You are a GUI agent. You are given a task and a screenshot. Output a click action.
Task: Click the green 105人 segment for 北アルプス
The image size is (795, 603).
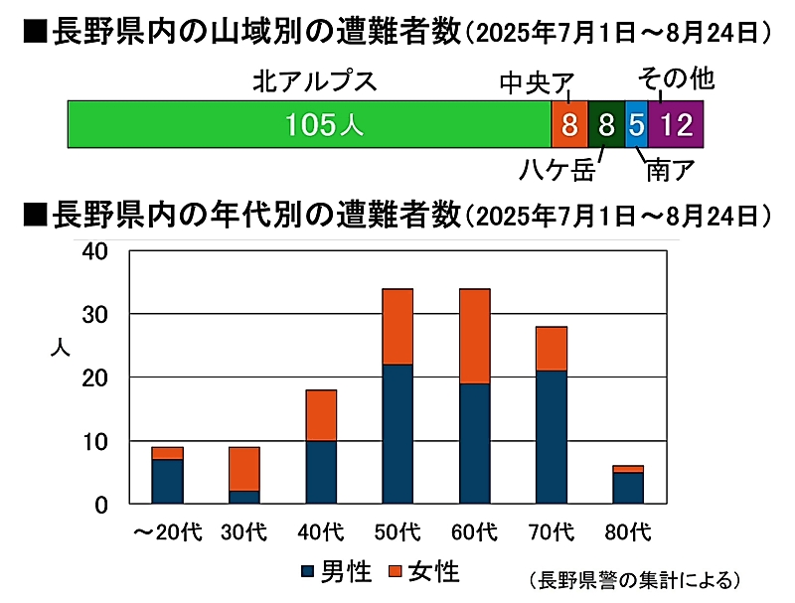point(309,125)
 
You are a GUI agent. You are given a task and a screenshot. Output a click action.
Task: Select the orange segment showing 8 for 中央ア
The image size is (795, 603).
point(569,125)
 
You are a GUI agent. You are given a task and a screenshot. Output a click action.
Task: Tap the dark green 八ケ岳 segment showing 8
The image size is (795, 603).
point(606,125)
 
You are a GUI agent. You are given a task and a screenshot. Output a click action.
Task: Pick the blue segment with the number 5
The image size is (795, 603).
point(636,125)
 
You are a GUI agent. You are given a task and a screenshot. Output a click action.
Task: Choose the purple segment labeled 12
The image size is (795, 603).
point(676,125)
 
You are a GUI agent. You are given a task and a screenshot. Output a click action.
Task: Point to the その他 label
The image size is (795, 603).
point(675,76)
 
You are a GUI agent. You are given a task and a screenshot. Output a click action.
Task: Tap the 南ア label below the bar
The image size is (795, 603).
point(669,171)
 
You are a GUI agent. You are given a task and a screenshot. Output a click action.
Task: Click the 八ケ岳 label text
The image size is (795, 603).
point(557,171)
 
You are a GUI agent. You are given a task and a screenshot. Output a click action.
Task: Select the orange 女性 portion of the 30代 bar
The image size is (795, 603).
point(243,469)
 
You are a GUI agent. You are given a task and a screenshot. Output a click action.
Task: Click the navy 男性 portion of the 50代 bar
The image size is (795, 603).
point(397,434)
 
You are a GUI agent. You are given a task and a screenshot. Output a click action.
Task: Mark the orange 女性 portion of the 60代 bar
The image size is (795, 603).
point(474,336)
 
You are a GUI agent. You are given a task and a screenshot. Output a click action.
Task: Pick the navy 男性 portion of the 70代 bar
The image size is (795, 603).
point(551,437)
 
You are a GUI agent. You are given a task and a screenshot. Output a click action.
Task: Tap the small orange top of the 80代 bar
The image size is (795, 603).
point(627,469)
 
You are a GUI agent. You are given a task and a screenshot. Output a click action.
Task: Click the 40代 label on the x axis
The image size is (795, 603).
point(320,531)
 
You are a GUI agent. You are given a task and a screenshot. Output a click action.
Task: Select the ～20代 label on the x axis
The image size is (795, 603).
point(167,531)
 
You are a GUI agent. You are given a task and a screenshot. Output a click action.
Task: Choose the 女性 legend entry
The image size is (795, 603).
point(423,571)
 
